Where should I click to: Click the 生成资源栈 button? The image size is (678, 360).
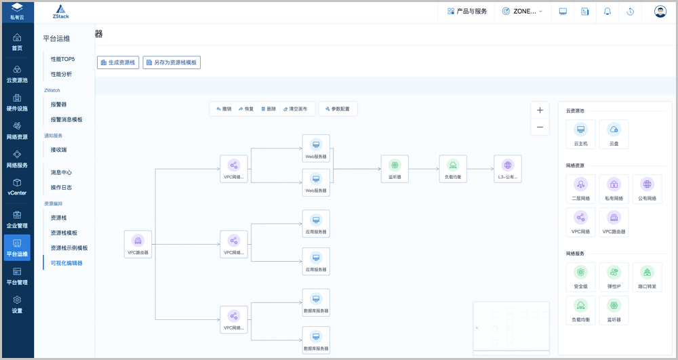click(x=118, y=62)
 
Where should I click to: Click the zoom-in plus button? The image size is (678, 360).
click(x=540, y=110)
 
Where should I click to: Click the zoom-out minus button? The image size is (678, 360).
click(x=540, y=127)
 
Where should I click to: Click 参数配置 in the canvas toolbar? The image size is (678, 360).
click(x=338, y=108)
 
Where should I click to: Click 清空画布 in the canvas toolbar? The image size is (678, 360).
click(x=295, y=108)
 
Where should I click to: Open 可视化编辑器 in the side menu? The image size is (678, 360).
click(x=66, y=263)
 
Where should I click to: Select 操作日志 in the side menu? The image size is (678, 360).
click(x=61, y=187)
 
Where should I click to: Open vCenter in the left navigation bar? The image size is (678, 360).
click(x=17, y=186)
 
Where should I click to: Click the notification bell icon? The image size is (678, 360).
click(x=607, y=12)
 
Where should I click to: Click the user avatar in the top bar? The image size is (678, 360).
click(x=660, y=12)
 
